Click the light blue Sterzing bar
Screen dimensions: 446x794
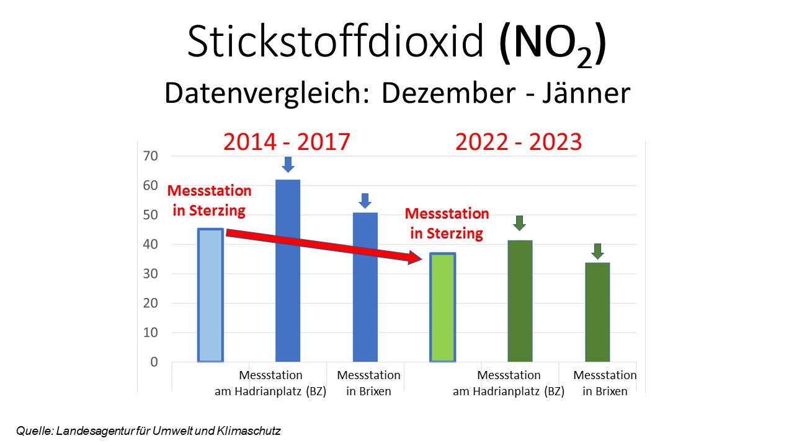pyautogui.click(x=210, y=295)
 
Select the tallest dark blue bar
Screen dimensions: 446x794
pyautogui.click(x=288, y=271)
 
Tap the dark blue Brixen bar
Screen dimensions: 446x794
pyautogui.click(x=365, y=287)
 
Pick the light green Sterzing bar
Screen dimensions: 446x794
pyautogui.click(x=443, y=308)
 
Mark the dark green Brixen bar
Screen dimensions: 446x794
pyautogui.click(x=597, y=312)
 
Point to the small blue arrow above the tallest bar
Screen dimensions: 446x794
pyautogui.click(x=288, y=164)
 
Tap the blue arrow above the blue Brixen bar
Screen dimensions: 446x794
pyautogui.click(x=365, y=201)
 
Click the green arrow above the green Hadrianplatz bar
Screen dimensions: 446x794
pyautogui.click(x=520, y=223)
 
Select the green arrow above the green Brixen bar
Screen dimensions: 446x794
pyautogui.click(x=597, y=251)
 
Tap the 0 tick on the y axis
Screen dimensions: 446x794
pyautogui.click(x=153, y=362)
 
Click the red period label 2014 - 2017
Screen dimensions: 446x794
pyautogui.click(x=287, y=142)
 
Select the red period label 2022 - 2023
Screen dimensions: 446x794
pyautogui.click(x=519, y=142)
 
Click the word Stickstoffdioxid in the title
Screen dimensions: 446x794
pyautogui.click(x=335, y=42)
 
